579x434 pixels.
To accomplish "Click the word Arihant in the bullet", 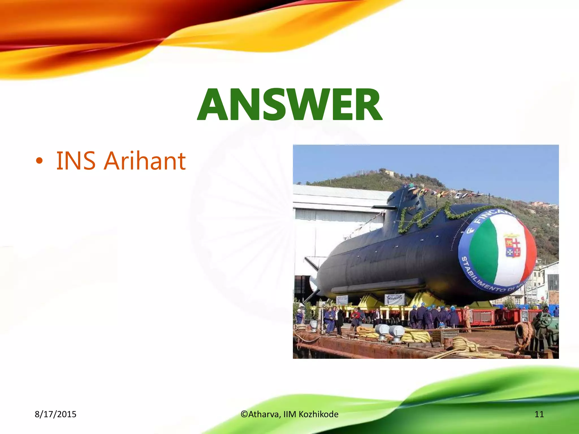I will pyautogui.click(x=144, y=161).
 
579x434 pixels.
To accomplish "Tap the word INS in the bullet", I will pyautogui.click(x=76, y=161).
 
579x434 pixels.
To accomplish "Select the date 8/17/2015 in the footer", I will pyautogui.click(x=55, y=414).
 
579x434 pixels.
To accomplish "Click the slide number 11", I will pyautogui.click(x=539, y=414).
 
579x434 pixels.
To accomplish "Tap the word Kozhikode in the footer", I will pyautogui.click(x=318, y=414).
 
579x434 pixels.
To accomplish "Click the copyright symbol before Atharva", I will pyautogui.click(x=244, y=414).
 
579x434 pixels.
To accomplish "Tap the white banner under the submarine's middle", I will pyautogui.click(x=394, y=299).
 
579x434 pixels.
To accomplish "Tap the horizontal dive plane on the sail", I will pyautogui.click(x=384, y=208).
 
